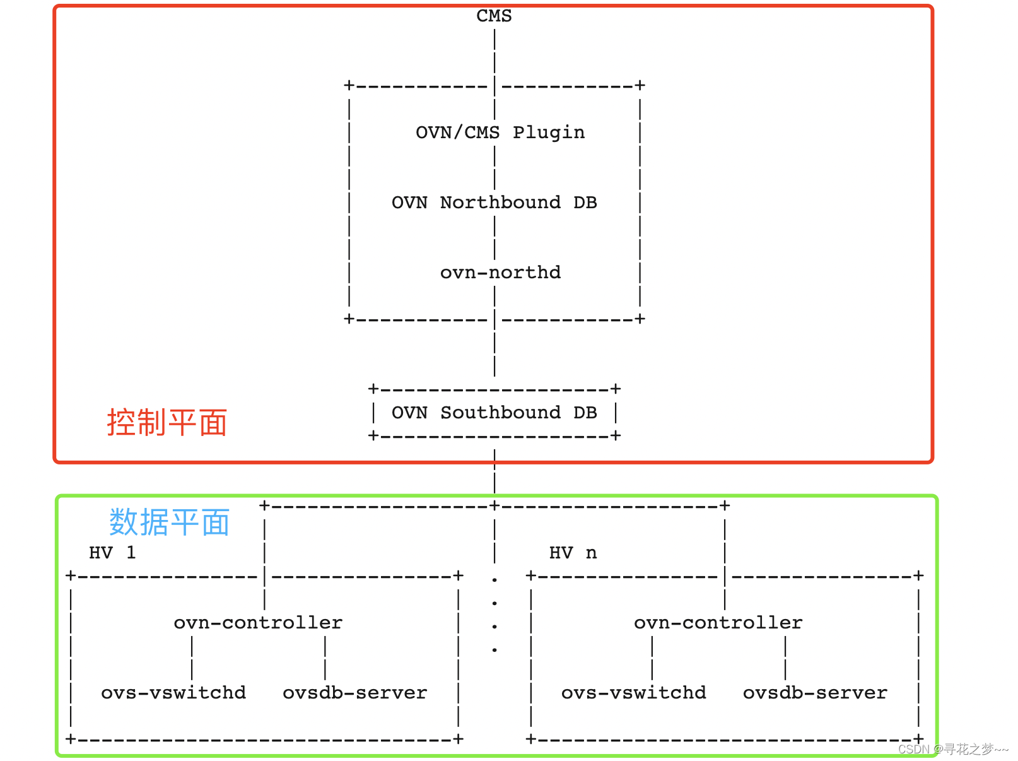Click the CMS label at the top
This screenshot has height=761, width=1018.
coord(494,16)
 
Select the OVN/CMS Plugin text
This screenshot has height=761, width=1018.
coord(500,133)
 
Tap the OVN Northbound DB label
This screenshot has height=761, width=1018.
coord(494,203)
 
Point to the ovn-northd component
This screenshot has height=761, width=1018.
coord(500,273)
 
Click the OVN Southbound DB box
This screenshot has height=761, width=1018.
coord(494,413)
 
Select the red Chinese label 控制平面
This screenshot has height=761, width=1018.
coord(167,422)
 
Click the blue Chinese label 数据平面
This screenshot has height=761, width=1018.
coord(169,522)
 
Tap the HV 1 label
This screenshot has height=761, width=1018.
coord(112,553)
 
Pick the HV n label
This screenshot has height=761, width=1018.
coord(573,553)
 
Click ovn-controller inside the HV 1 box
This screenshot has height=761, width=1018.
coord(258,623)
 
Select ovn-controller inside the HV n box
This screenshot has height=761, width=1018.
coord(718,623)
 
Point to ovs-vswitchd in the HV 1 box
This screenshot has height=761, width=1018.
coord(173,693)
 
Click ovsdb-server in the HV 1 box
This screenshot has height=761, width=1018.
coord(354,693)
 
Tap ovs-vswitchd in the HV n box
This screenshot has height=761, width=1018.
coord(633,693)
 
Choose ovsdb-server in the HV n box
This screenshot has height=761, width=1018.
coord(815,693)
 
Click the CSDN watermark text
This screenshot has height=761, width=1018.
coord(952,749)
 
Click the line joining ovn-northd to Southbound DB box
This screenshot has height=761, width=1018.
coord(494,347)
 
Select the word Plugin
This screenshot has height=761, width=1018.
coord(548,133)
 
